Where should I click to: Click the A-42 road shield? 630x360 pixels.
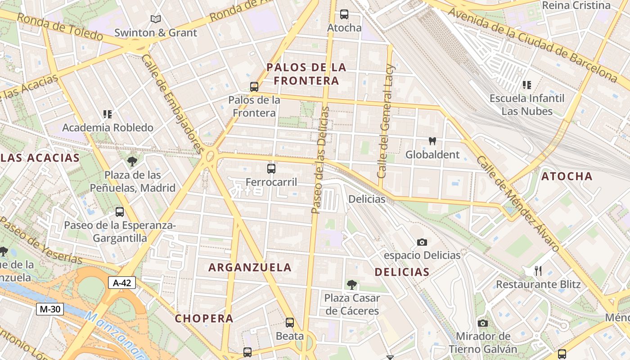click(121, 283)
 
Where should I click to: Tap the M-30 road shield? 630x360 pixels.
click(49, 309)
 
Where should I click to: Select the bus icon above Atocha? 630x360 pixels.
click(344, 14)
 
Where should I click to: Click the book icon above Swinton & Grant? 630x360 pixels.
click(156, 19)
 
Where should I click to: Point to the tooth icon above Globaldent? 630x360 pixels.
click(432, 141)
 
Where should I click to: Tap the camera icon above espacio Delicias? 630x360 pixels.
click(422, 242)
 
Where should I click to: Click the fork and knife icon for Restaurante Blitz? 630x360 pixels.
click(538, 270)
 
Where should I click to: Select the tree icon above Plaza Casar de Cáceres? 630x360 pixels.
click(352, 284)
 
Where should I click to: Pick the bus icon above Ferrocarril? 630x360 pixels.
click(271, 169)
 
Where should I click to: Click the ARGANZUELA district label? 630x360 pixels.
click(250, 267)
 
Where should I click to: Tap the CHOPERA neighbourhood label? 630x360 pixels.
click(204, 319)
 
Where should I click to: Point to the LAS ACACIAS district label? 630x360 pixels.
click(40, 158)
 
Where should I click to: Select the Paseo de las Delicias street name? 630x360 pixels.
click(320, 160)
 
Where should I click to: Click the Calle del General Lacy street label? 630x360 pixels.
click(386, 127)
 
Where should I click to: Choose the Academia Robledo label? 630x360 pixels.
click(108, 128)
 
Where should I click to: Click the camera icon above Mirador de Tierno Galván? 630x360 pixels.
click(483, 323)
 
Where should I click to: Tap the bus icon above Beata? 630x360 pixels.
click(290, 323)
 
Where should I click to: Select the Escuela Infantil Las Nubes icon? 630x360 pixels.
click(527, 85)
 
